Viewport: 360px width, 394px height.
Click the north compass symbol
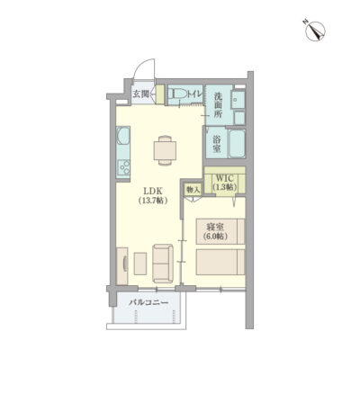315,31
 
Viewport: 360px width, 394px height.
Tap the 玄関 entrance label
140,94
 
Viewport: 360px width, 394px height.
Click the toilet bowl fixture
176,94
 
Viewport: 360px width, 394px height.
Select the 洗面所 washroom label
218,105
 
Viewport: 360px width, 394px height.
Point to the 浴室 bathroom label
217,144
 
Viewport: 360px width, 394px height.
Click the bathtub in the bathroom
238,143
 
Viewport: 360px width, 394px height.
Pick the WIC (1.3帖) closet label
225,183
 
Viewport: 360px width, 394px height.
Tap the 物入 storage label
193,190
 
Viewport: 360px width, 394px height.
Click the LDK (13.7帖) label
153,195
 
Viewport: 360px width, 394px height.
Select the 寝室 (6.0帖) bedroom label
215,231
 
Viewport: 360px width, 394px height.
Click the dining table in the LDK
165,150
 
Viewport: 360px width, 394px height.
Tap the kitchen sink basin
122,136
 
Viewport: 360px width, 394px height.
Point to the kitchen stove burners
123,167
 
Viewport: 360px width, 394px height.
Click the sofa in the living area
163,264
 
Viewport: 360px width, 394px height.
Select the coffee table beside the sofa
140,264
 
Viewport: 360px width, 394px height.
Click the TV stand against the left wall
122,266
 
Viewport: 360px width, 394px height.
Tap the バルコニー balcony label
148,302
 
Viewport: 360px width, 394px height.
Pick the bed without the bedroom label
220,262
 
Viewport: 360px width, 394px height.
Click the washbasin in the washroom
239,100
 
